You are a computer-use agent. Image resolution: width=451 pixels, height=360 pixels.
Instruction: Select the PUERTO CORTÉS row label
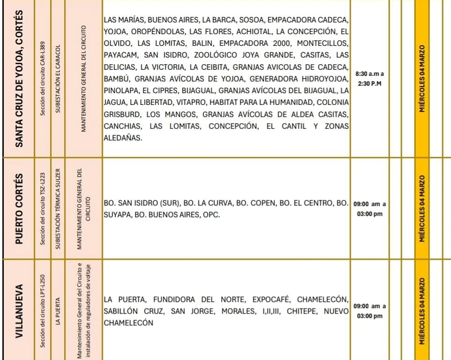click(20, 208)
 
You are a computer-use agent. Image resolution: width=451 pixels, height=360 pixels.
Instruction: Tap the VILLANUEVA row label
click(20, 310)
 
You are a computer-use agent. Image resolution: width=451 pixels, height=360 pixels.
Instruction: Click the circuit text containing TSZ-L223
click(43, 208)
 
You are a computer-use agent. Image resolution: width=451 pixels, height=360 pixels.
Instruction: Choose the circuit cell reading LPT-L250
click(43, 310)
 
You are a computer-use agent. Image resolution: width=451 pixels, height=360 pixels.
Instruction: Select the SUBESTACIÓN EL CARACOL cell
click(59, 78)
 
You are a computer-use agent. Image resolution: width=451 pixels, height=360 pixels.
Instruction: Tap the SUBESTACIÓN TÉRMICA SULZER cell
click(59, 208)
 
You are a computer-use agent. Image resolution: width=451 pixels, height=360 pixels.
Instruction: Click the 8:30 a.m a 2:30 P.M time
click(370, 78)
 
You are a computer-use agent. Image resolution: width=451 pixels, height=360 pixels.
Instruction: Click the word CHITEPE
click(303, 311)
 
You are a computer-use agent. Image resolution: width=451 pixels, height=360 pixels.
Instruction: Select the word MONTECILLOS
click(323, 44)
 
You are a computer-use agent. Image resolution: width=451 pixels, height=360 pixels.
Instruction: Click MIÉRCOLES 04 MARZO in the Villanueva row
click(422, 310)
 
